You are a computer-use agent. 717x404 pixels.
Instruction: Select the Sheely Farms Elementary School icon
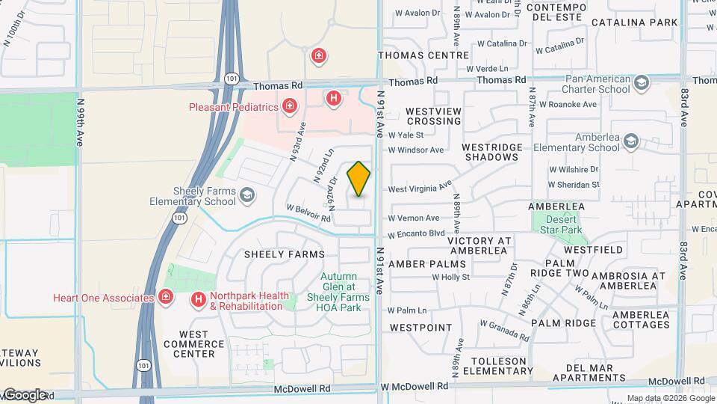pyautogui.click(x=246, y=197)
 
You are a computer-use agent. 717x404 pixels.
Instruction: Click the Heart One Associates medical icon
pyautogui.click(x=166, y=298)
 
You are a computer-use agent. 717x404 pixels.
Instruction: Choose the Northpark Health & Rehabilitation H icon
pyautogui.click(x=198, y=300)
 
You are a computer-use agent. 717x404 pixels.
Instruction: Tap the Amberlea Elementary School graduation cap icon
pyautogui.click(x=631, y=141)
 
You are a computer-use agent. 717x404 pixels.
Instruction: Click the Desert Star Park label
pyautogui.click(x=559, y=224)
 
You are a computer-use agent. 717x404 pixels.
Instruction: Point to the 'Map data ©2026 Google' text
pyautogui.click(x=671, y=398)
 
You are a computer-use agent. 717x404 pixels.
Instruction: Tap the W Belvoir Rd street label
pyautogui.click(x=308, y=213)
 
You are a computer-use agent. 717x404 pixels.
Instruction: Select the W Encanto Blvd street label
pyautogui.click(x=417, y=233)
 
